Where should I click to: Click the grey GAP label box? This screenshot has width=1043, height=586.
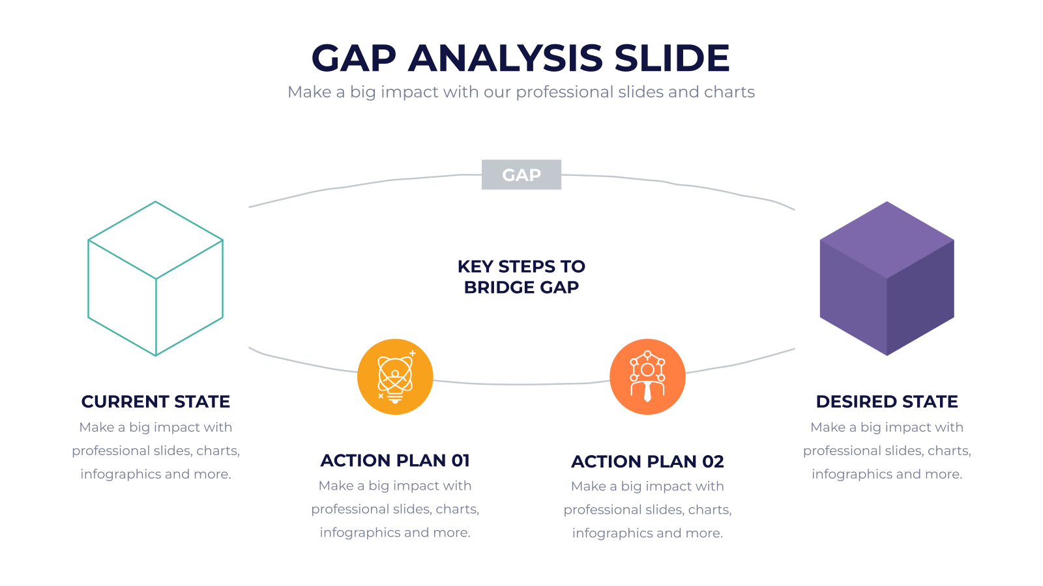tap(521, 174)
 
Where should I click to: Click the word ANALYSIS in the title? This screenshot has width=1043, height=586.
tap(505, 58)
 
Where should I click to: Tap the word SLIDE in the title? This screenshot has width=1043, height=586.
tap(672, 58)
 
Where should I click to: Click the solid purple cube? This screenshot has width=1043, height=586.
tap(887, 279)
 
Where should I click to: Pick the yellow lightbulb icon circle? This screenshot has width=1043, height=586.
tap(395, 377)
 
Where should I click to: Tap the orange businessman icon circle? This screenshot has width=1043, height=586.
tap(648, 377)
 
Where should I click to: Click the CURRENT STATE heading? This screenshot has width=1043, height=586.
tap(156, 401)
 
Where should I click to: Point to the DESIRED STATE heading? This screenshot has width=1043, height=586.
tap(887, 401)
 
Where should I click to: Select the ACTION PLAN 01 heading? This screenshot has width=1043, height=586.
tap(395, 460)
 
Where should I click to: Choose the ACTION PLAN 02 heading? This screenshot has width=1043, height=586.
tap(648, 462)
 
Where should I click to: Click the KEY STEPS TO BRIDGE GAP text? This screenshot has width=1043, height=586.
tap(521, 277)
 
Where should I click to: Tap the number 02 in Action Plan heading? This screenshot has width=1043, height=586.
tap(713, 462)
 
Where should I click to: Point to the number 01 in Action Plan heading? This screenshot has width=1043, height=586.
tap(460, 460)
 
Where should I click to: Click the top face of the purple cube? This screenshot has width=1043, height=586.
tap(887, 240)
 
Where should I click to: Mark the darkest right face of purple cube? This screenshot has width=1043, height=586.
tap(920, 298)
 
